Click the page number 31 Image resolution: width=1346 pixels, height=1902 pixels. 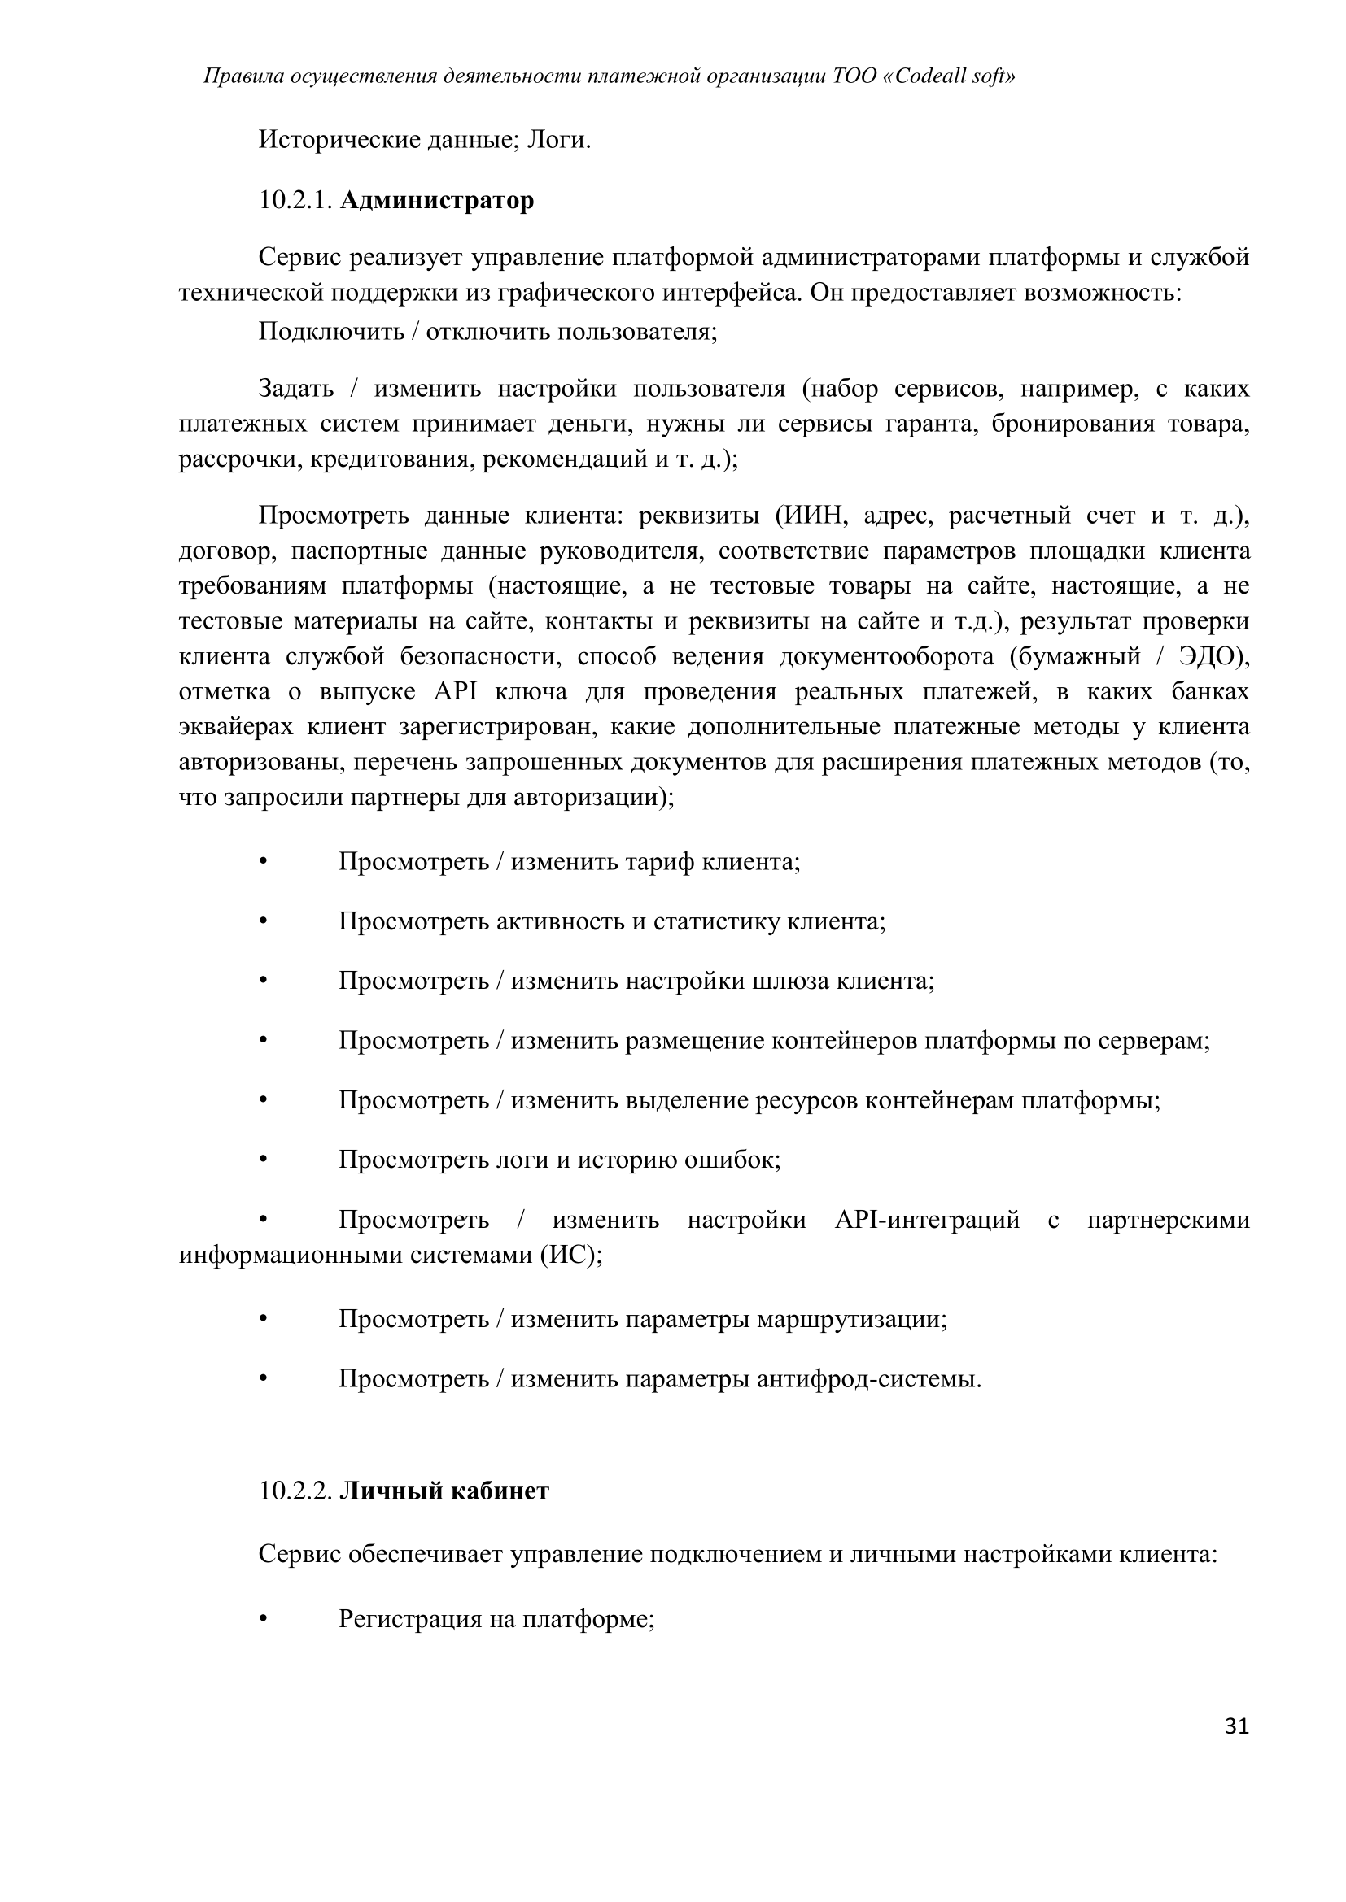(1236, 1727)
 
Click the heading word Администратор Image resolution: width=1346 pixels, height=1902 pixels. (437, 201)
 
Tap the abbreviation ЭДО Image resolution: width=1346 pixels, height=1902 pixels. (1210, 657)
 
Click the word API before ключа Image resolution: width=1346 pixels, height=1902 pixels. (454, 692)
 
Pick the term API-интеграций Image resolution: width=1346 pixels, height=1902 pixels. (927, 1221)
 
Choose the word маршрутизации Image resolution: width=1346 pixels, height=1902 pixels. (851, 1320)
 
